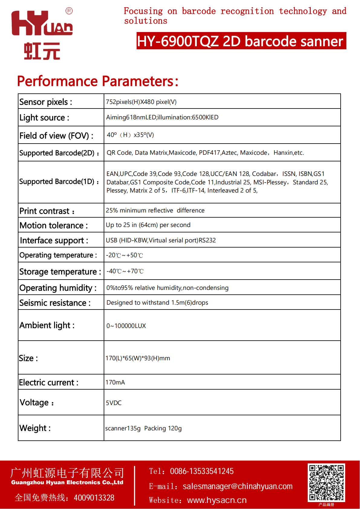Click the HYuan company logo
[x=42, y=35]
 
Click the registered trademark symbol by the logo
[x=69, y=11]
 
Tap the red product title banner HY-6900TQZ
[x=241, y=41]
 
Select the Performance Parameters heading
[x=98, y=81]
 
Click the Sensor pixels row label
[x=46, y=102]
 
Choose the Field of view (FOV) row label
[x=56, y=136]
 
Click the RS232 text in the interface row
[x=207, y=240]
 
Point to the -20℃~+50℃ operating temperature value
[x=124, y=255]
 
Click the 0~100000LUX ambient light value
[x=126, y=326]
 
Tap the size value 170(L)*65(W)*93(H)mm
[x=138, y=358]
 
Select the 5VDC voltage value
[x=114, y=403]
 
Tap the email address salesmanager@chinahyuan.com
[x=238, y=486]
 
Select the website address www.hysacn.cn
[x=217, y=500]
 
